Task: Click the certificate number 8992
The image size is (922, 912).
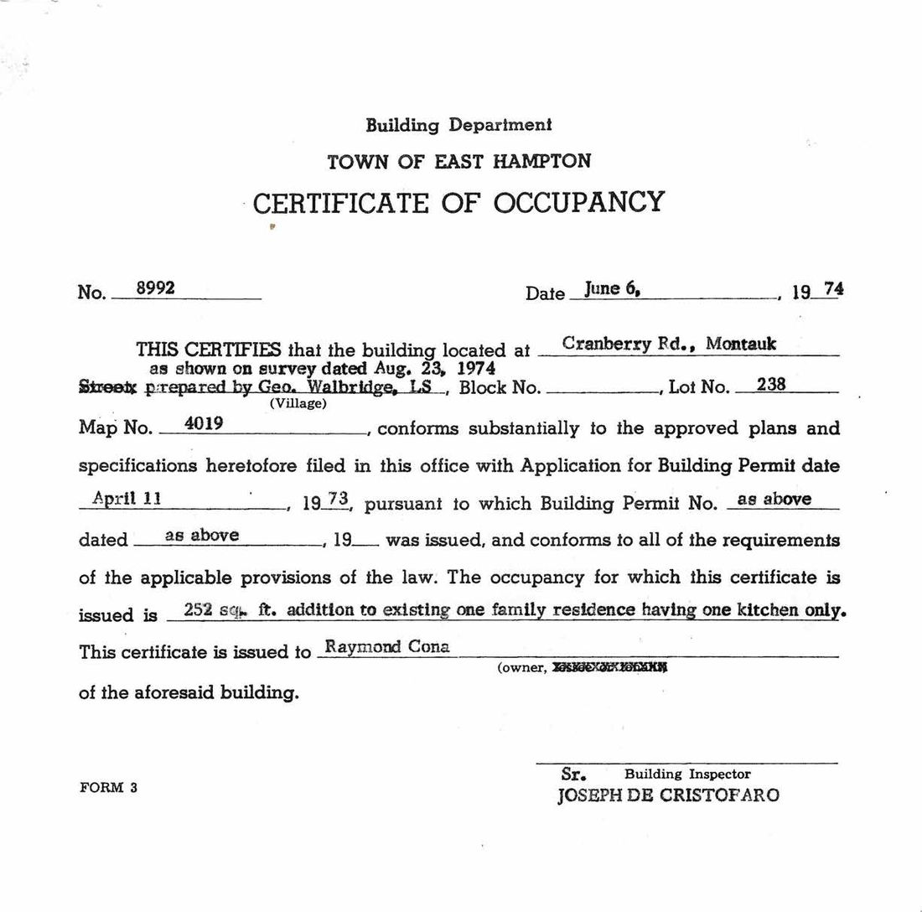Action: pyautogui.click(x=155, y=288)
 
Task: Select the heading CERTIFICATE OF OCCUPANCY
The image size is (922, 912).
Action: pyautogui.click(x=458, y=203)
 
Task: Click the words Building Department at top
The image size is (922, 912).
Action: pyautogui.click(x=458, y=125)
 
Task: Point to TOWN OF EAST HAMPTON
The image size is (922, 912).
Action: pyautogui.click(x=458, y=161)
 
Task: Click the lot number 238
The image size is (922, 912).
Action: pyautogui.click(x=770, y=385)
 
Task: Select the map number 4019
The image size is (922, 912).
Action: pyautogui.click(x=203, y=423)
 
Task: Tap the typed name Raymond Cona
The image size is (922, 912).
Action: pyautogui.click(x=386, y=646)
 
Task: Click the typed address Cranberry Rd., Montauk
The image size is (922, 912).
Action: pyautogui.click(x=669, y=344)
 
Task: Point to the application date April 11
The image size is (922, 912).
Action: pyautogui.click(x=127, y=498)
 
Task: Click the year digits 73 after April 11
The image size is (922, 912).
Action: pyautogui.click(x=337, y=499)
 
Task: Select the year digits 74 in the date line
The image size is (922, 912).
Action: pyautogui.click(x=833, y=289)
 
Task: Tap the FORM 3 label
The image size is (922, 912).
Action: pyautogui.click(x=108, y=787)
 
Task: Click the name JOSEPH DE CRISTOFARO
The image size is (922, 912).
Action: pyautogui.click(x=668, y=795)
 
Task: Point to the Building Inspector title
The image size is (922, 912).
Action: pyautogui.click(x=687, y=775)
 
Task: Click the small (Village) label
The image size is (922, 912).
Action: pyautogui.click(x=298, y=403)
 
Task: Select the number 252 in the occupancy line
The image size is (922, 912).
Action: pyautogui.click(x=198, y=610)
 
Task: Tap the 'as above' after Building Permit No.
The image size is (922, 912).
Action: pyautogui.click(x=774, y=499)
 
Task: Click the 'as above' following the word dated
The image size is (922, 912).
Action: pyautogui.click(x=202, y=535)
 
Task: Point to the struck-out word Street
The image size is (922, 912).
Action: pyautogui.click(x=107, y=387)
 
